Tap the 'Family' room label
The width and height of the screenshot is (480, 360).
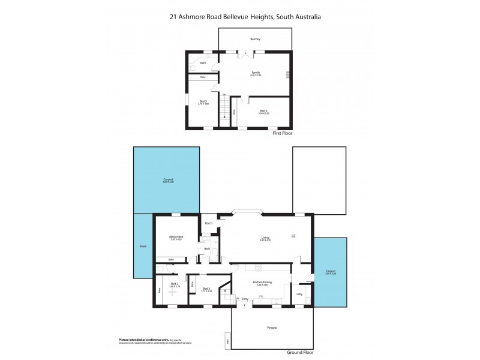click(256, 73)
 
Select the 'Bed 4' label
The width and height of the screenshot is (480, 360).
click(263, 110)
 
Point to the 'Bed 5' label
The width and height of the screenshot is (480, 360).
click(203, 101)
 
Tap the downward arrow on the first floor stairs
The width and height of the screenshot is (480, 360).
click(225, 117)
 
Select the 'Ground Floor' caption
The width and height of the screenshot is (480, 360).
click(299, 353)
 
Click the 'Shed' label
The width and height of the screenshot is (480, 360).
click(143, 246)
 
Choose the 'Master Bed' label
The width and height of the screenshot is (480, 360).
click(175, 237)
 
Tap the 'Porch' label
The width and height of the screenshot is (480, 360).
click(209, 223)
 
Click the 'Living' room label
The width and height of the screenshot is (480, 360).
click(265, 238)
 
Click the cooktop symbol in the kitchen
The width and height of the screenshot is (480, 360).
click(258, 268)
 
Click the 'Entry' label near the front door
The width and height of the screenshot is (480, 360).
click(245, 298)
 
